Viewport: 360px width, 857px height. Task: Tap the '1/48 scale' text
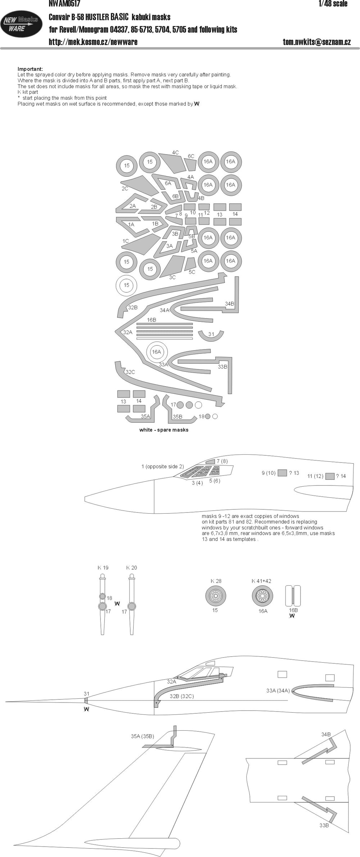tap(333, 4)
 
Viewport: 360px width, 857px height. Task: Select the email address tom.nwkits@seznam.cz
tap(317, 42)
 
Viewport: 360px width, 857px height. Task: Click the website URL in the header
tap(93, 42)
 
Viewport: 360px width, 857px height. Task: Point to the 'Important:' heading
tap(30, 69)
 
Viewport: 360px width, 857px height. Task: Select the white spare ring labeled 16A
tap(156, 352)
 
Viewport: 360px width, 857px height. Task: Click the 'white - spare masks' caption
tap(164, 430)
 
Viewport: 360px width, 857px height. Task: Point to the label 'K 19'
tap(103, 568)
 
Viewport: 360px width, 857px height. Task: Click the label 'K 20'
tap(132, 568)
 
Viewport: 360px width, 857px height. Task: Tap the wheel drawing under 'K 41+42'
tap(262, 596)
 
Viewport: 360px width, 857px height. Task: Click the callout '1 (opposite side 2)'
tap(163, 466)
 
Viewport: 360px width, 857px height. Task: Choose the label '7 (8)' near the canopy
tap(222, 461)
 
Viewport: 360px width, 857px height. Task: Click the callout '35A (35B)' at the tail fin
tap(143, 736)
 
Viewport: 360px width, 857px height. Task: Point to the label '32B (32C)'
tap(182, 696)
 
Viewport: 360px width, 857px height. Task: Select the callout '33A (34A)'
tap(278, 690)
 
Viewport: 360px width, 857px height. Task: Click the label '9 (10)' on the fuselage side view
tap(269, 473)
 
